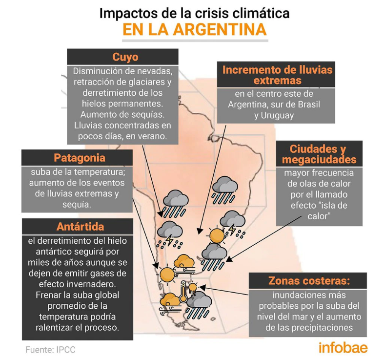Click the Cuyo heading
click(x=125, y=57)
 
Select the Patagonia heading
click(x=80, y=158)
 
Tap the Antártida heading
click(x=81, y=227)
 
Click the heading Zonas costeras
click(x=309, y=281)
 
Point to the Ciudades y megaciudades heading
click(x=319, y=154)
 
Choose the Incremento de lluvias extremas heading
click(x=277, y=75)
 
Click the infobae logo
click(x=343, y=348)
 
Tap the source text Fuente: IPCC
click(x=50, y=350)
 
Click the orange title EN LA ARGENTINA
click(x=195, y=30)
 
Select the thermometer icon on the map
click(x=183, y=292)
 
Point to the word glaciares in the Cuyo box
click(x=147, y=82)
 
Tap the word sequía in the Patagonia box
click(x=77, y=205)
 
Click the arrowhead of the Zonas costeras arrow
click(x=202, y=287)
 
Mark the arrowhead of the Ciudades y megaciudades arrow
click(x=228, y=259)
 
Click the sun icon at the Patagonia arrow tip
click(x=167, y=275)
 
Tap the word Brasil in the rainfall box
click(x=309, y=105)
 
